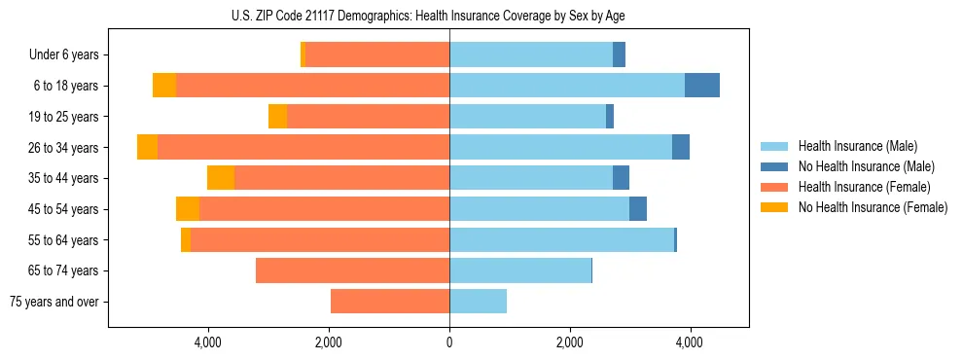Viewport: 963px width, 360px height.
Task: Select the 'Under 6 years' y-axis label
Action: tap(63, 54)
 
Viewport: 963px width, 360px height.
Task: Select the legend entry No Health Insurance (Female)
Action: tap(873, 207)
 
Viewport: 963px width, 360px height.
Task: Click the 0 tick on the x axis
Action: tap(449, 342)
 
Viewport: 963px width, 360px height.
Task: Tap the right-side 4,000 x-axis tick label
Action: tap(690, 342)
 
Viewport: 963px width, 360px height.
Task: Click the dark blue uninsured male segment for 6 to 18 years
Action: tap(702, 86)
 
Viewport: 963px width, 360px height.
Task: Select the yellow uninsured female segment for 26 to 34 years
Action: tap(147, 147)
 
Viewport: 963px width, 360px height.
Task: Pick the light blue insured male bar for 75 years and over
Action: tap(478, 302)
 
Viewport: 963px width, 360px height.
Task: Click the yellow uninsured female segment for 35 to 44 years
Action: tap(221, 178)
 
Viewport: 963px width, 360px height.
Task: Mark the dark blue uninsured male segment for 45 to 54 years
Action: tap(638, 209)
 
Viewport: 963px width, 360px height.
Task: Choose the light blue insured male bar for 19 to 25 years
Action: tap(527, 117)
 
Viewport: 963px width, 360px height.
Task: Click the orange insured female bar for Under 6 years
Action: tap(377, 54)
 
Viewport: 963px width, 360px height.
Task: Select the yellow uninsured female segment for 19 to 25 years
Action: tap(277, 117)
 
